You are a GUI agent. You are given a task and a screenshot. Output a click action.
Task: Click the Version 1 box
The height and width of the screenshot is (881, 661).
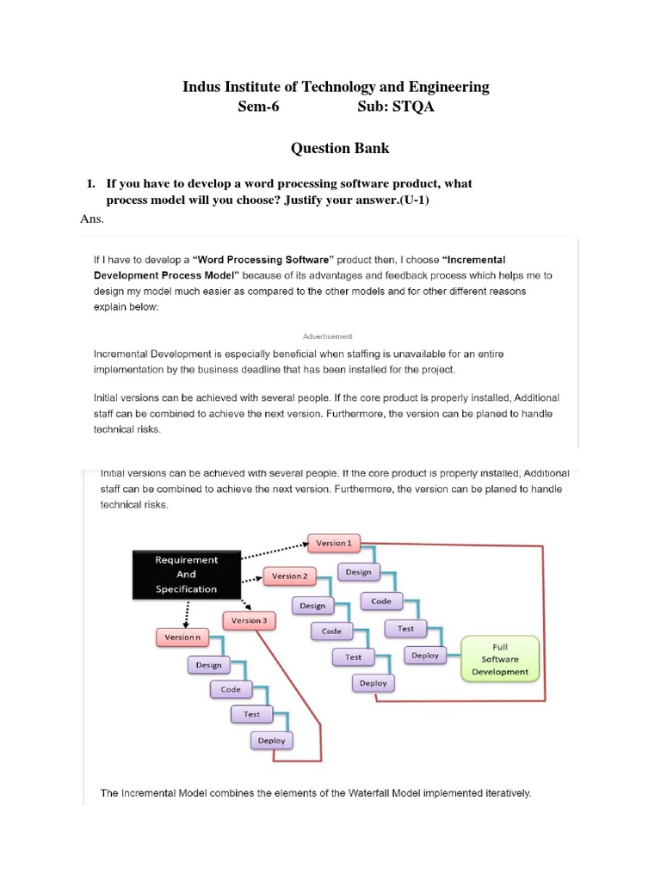pos(334,544)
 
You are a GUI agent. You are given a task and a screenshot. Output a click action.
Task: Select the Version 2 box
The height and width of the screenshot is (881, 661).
pos(288,576)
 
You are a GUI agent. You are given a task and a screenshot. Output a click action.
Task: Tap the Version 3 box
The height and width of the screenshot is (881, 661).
pos(248,620)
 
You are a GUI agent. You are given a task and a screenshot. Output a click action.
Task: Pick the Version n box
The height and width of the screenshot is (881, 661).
pos(182,638)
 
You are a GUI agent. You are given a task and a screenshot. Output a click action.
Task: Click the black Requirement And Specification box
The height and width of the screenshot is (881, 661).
pos(186,575)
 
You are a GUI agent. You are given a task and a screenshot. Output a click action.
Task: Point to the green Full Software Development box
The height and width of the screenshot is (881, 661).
pos(500,659)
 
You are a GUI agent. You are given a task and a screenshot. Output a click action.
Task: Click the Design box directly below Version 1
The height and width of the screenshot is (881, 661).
pos(358,572)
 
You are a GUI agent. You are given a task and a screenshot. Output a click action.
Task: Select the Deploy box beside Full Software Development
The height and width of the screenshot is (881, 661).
pos(425,656)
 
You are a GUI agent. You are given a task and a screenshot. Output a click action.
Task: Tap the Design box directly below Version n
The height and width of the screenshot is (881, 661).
pos(208,665)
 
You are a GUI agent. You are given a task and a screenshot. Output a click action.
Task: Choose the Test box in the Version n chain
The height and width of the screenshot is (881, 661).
pos(251,714)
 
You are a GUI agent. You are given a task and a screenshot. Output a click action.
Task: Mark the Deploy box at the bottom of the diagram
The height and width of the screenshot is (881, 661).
pos(272,741)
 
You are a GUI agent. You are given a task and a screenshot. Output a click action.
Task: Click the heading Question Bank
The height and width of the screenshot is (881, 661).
pos(340,148)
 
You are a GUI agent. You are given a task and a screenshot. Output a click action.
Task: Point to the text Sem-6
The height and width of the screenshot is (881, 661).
pos(258,108)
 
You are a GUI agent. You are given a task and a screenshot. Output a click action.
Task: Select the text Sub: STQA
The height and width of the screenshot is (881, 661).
pos(391,108)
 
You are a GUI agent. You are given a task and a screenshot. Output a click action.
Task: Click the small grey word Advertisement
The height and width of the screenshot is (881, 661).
pos(328,336)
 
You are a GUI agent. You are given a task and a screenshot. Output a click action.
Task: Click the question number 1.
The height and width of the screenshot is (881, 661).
pos(90,184)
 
